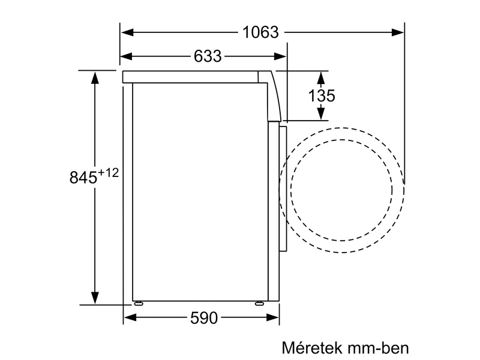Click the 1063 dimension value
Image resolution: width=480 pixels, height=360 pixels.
pos(261,32)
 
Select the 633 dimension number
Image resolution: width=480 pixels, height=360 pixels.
pos(208,56)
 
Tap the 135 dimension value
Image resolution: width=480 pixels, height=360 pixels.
pos(322,95)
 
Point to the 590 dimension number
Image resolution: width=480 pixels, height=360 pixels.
pos(203,319)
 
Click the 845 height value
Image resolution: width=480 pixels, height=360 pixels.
pos(83,178)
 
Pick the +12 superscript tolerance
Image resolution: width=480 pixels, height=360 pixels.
pos(109,173)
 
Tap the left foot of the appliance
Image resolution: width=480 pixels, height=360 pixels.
pos(139,303)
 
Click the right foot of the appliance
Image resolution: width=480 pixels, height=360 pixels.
pos(259,303)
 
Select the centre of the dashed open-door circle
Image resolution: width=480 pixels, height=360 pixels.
pos(342,190)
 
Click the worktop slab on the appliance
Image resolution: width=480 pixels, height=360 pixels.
pos(192,77)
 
